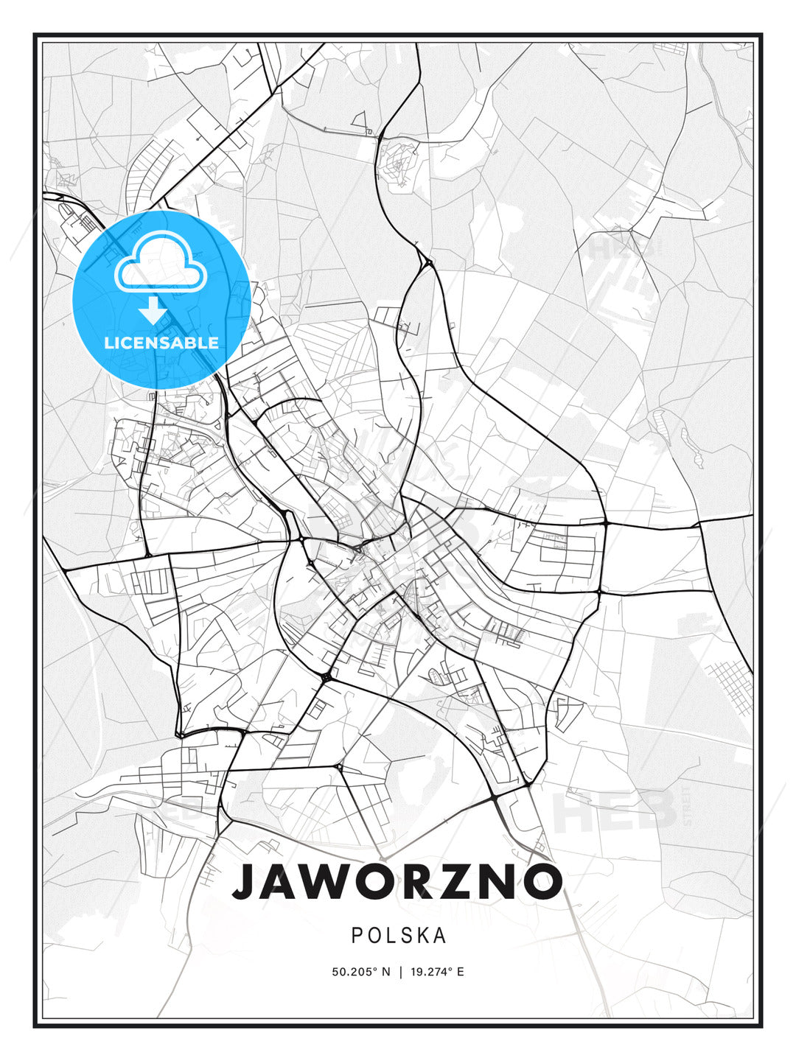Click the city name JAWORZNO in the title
pos(398,881)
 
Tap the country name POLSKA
pos(399,935)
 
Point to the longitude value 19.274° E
pos(436,972)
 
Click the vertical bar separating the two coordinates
pos(400,972)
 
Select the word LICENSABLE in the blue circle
pos(161,343)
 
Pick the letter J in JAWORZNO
pos(248,881)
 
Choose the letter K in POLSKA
pos(421,935)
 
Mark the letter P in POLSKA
pos(357,935)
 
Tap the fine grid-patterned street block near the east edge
pos(730,687)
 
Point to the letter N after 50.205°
pos(386,972)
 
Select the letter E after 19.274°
pos(461,972)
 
